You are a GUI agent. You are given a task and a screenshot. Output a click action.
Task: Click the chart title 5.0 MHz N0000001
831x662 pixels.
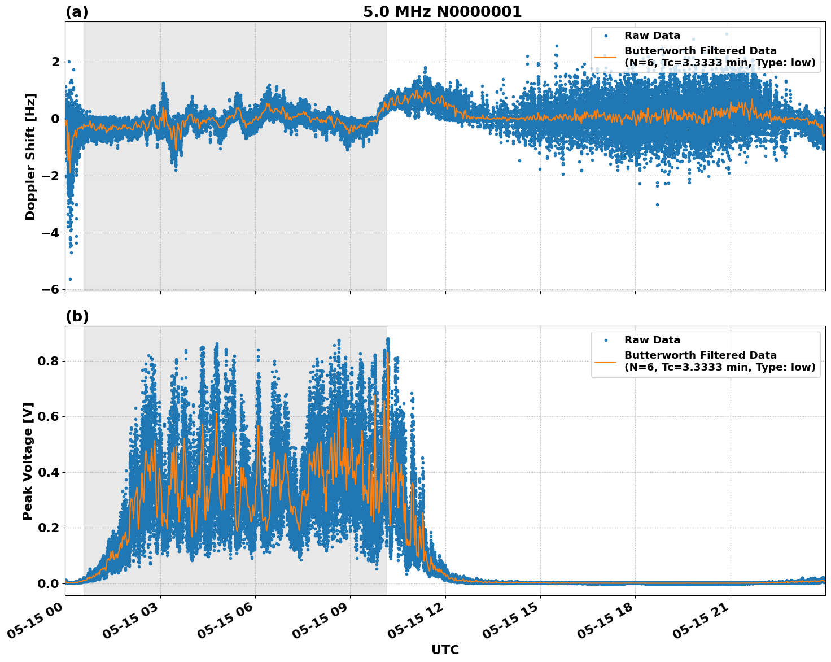pyautogui.click(x=442, y=12)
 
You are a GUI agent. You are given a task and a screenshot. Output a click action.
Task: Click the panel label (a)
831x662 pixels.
pyautogui.click(x=77, y=12)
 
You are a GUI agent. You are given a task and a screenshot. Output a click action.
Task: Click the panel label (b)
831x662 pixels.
pyautogui.click(x=77, y=316)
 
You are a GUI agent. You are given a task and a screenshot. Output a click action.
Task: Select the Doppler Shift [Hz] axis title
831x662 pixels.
pyautogui.click(x=30, y=156)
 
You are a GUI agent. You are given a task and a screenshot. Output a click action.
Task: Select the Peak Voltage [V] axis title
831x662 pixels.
pyautogui.click(x=28, y=461)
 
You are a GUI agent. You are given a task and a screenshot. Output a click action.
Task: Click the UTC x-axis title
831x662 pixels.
pyautogui.click(x=445, y=650)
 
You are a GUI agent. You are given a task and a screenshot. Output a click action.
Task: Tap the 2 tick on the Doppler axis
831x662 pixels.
pyautogui.click(x=55, y=62)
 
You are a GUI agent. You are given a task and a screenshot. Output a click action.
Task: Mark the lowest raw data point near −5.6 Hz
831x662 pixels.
pyautogui.click(x=70, y=279)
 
